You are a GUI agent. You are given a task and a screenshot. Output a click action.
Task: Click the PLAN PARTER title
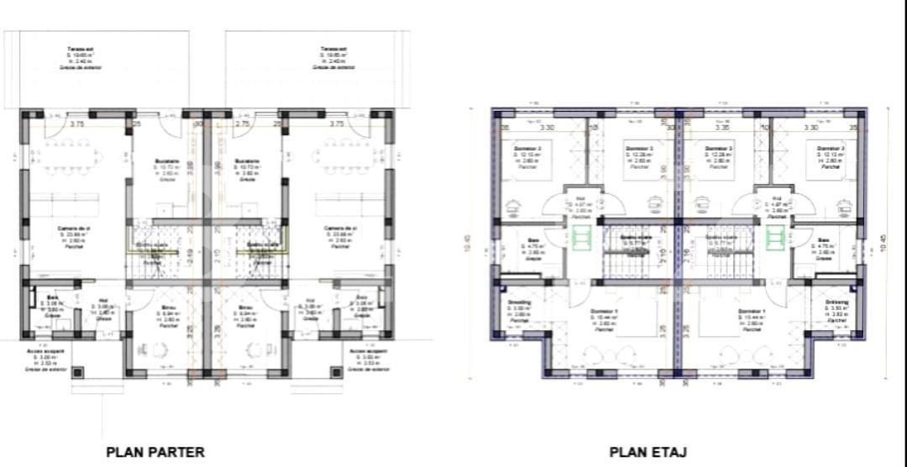[x=155, y=452]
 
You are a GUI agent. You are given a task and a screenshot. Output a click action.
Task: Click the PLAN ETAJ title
[x=648, y=452]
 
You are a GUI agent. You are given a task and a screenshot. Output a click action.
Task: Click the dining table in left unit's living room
[x=71, y=156]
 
